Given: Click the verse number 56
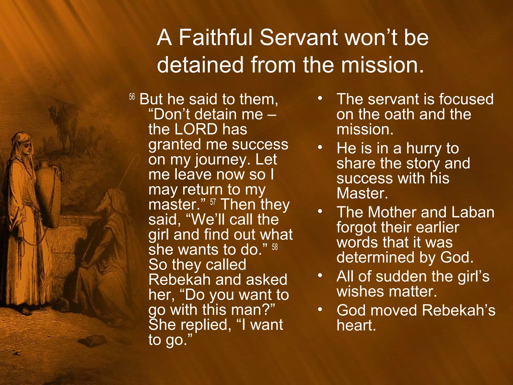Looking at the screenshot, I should tap(132, 97).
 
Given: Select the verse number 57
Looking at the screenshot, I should tap(213, 202).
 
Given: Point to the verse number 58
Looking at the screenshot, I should tap(275, 247).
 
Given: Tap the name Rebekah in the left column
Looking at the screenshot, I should tap(179, 280).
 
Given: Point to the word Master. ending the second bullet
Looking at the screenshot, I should tap(362, 193).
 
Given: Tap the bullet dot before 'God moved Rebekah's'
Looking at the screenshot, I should tap(320, 310).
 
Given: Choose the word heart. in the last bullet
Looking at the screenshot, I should tap(356, 325).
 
